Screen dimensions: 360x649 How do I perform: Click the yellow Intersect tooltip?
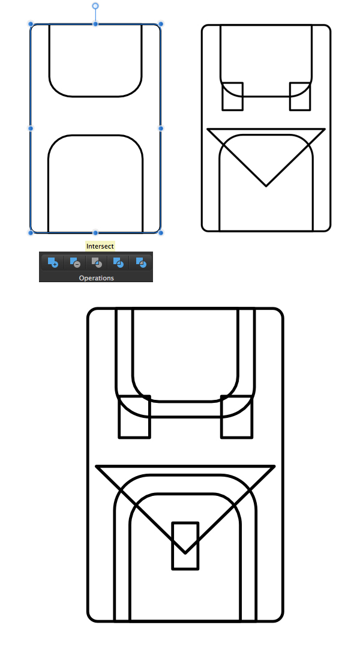click(x=100, y=246)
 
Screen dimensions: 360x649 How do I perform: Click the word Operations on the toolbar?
click(x=97, y=278)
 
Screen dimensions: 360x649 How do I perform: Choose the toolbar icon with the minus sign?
click(x=75, y=262)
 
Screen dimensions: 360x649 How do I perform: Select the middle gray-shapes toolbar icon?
click(x=97, y=262)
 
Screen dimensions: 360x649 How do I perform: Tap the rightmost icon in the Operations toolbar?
click(x=140, y=262)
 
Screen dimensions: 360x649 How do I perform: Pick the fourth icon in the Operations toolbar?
click(x=118, y=262)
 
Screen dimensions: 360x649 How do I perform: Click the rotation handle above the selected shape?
click(x=95, y=6)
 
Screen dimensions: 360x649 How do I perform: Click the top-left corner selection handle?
click(x=31, y=24)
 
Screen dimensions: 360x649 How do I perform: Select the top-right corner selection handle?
click(x=161, y=24)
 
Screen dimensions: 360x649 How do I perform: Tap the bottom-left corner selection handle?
click(x=31, y=232)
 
